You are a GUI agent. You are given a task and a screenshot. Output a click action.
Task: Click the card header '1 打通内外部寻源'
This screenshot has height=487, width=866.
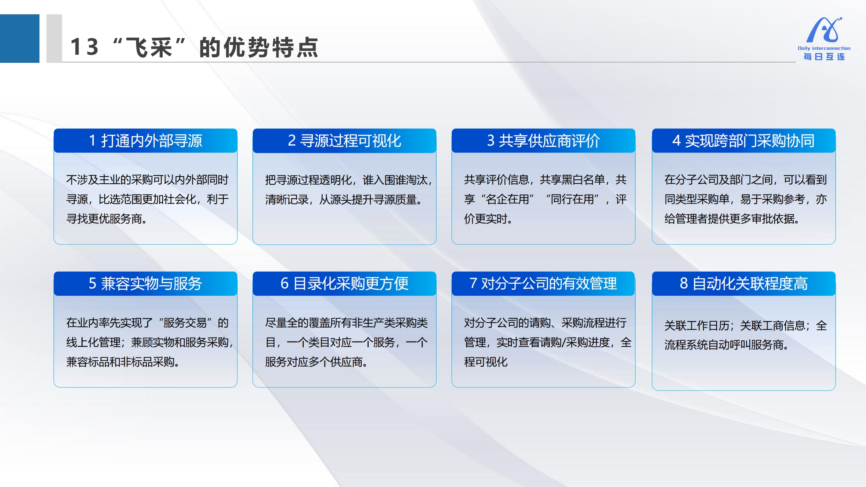pyautogui.click(x=146, y=141)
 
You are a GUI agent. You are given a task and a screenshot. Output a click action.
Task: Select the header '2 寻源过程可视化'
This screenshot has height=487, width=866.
pyautogui.click(x=345, y=141)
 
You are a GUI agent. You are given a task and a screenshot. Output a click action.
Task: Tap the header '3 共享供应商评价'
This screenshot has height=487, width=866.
pyautogui.click(x=543, y=141)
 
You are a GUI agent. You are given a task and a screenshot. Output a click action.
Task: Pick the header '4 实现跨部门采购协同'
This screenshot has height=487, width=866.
pyautogui.click(x=744, y=141)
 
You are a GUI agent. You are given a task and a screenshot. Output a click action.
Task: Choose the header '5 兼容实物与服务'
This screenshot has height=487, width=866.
pyautogui.click(x=146, y=283)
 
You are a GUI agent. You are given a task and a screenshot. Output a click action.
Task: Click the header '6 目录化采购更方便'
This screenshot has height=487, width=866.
pyautogui.click(x=345, y=283)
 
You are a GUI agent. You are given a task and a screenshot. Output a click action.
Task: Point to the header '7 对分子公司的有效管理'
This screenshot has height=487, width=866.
pyautogui.click(x=543, y=283)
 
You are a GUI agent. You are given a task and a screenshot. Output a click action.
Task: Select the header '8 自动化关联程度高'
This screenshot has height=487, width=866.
pyautogui.click(x=744, y=283)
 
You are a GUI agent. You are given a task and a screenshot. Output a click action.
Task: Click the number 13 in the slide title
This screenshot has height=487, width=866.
pyautogui.click(x=84, y=47)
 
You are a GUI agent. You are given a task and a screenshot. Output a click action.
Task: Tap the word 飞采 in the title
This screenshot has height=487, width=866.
pyautogui.click(x=149, y=47)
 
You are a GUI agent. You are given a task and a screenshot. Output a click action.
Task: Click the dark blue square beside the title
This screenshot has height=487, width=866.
pyautogui.click(x=20, y=38)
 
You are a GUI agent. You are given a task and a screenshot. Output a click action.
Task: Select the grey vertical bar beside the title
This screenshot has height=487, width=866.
pyautogui.click(x=54, y=38)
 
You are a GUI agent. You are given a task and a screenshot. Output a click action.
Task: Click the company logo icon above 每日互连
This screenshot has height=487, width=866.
pyautogui.click(x=824, y=30)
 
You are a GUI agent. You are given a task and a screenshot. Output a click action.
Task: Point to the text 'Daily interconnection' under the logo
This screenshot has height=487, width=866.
pyautogui.click(x=824, y=48)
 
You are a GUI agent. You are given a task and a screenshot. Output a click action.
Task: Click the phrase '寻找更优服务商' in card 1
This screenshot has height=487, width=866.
pyautogui.click(x=104, y=219)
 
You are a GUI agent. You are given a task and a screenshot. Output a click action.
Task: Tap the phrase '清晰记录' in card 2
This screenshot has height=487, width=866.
pyautogui.click(x=287, y=200)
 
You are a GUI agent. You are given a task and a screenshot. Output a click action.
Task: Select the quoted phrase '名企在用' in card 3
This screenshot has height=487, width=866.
pyautogui.click(x=508, y=199)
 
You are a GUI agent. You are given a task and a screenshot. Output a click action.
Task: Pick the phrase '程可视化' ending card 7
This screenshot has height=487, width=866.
pyautogui.click(x=486, y=362)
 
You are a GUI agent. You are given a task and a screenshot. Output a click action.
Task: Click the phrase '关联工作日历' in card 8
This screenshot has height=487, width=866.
pyautogui.click(x=697, y=326)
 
